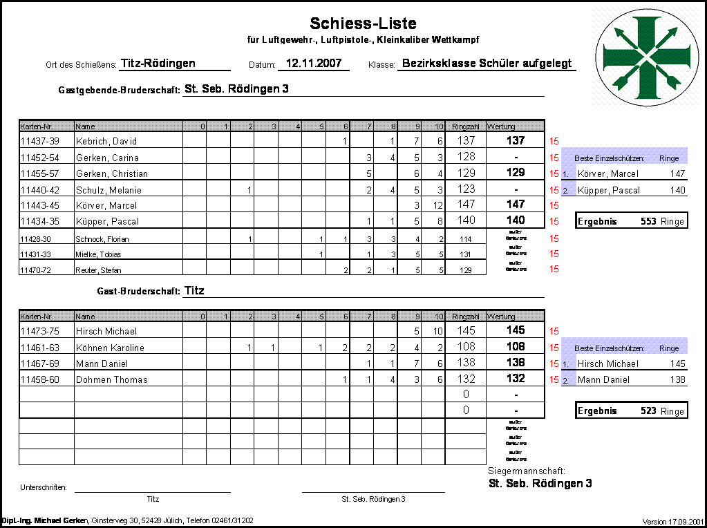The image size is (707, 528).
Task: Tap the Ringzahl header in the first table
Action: (466, 126)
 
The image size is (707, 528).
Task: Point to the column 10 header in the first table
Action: (433, 126)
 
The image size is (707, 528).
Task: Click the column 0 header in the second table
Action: (196, 317)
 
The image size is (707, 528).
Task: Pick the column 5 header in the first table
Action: (315, 126)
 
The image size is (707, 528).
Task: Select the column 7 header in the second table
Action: (363, 317)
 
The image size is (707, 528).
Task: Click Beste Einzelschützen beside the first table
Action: (609, 159)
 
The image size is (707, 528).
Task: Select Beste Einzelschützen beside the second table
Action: (609, 349)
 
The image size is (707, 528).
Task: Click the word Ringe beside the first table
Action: (669, 159)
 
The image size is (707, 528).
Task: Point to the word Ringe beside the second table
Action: (669, 349)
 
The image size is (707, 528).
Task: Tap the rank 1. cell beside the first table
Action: (567, 174)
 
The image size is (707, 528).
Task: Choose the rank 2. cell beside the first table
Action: (567, 190)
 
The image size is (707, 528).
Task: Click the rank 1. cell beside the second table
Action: (567, 364)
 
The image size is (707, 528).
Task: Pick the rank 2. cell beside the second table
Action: (567, 379)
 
